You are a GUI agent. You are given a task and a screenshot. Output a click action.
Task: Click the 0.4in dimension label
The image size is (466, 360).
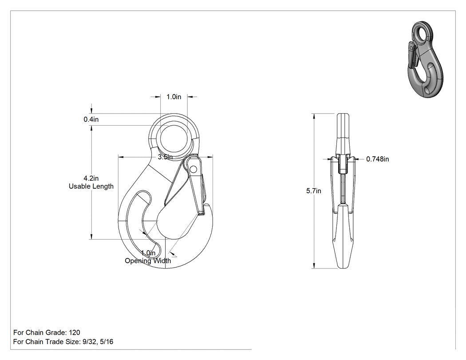(x=91, y=119)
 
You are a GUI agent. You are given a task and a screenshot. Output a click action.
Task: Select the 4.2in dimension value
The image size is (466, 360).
(x=91, y=178)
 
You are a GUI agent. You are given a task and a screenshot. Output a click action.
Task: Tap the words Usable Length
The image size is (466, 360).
(x=91, y=186)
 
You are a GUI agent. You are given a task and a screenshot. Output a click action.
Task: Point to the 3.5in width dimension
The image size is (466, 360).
(x=165, y=157)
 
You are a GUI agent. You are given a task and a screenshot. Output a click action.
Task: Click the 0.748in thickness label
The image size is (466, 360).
(x=377, y=159)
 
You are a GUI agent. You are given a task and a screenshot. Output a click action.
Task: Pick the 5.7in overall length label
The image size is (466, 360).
(x=314, y=191)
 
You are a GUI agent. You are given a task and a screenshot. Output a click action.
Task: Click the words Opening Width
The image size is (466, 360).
(x=148, y=261)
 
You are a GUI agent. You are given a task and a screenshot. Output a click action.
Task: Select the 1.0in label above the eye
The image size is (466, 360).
(x=174, y=97)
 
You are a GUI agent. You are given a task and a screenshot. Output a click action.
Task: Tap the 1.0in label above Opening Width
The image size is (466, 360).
(x=148, y=253)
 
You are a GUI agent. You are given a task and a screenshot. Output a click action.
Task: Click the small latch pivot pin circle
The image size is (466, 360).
(x=193, y=170)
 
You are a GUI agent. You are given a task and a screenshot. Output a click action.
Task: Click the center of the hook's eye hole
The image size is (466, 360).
(x=174, y=139)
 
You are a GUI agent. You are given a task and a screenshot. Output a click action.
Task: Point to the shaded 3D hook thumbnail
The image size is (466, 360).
(x=425, y=59)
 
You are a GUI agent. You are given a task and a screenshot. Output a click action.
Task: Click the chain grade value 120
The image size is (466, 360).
(x=74, y=332)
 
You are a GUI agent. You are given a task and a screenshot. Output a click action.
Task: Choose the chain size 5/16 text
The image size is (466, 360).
(x=107, y=342)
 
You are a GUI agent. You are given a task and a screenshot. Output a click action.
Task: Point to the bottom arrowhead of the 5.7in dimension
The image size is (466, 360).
(x=314, y=266)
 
